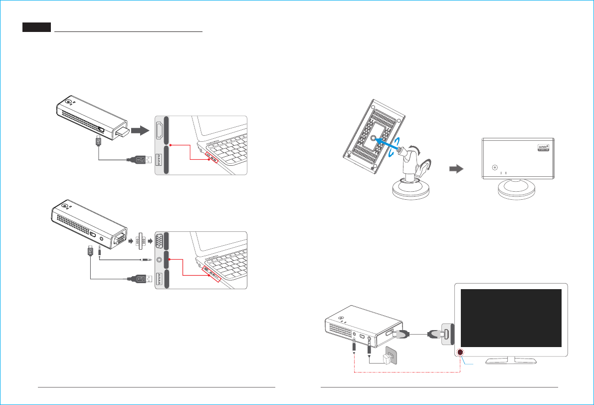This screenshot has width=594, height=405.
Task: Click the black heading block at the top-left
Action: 37,27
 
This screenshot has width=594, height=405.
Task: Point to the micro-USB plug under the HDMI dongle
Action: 99,142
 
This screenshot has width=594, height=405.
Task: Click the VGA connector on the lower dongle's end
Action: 118,240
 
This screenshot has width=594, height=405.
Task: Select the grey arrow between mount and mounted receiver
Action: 455,169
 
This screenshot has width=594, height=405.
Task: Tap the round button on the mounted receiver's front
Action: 494,168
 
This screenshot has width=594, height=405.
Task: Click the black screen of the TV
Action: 511,318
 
